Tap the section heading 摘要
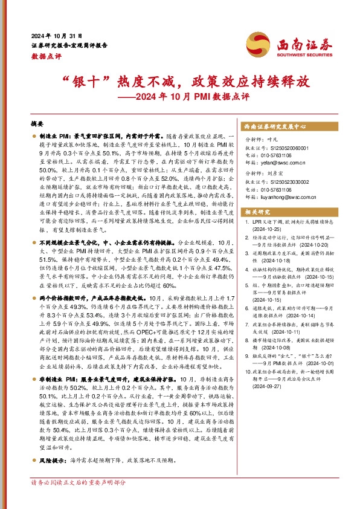coord(37,122)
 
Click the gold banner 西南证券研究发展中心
coord(275,128)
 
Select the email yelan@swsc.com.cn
coord(275,163)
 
